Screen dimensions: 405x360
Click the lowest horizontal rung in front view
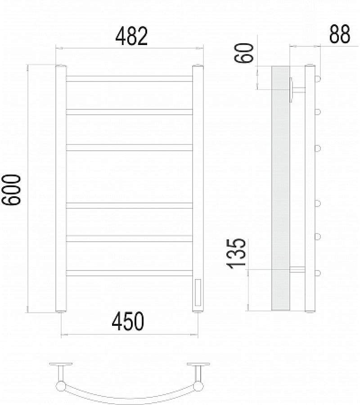(130, 272)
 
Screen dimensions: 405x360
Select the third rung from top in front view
(130, 147)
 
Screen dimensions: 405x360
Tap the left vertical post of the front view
(61, 189)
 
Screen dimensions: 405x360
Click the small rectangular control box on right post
(198, 292)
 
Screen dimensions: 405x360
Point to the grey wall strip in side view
(280, 189)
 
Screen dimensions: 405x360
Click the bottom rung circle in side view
(318, 273)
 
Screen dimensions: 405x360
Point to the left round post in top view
(60, 386)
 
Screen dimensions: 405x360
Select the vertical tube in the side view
(310, 189)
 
